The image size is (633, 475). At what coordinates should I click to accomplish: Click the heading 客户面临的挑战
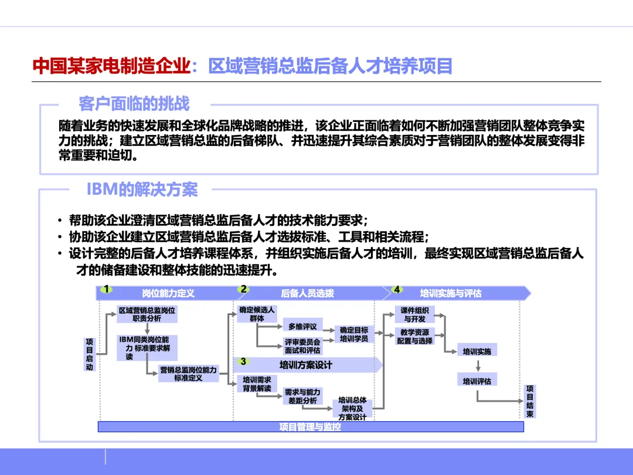(134, 104)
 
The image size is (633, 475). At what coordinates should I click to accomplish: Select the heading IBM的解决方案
(142, 189)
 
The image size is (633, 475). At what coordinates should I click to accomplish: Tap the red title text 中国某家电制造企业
(111, 66)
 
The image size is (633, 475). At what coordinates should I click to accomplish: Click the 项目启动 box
(90, 354)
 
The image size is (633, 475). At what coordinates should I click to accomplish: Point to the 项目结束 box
(530, 401)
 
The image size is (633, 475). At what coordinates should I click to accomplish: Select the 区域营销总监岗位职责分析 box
(147, 314)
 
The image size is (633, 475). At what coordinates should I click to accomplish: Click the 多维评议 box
(302, 326)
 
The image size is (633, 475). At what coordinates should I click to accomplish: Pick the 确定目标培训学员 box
(354, 334)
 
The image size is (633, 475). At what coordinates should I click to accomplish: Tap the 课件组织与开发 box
(415, 315)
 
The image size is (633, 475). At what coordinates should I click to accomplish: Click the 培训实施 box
(477, 352)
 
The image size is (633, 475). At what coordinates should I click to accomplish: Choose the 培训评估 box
(477, 381)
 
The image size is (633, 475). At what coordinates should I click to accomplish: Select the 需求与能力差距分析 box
(302, 396)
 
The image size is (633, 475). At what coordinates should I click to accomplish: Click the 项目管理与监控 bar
(310, 427)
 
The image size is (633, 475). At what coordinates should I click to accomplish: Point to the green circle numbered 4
(397, 289)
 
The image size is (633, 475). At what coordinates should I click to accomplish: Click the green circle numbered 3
(243, 361)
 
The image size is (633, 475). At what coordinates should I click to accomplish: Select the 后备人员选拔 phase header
(308, 293)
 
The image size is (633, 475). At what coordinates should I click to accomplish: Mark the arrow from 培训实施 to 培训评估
(478, 366)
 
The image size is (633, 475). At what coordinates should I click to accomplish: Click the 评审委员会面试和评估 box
(302, 346)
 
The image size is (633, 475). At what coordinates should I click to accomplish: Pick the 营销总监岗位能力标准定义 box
(188, 374)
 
